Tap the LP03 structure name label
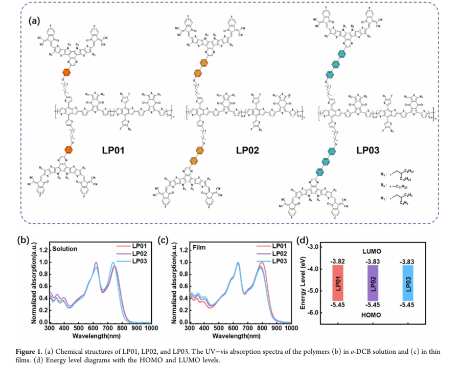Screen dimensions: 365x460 [x=371, y=151]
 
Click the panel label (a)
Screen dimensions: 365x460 [x=35, y=21]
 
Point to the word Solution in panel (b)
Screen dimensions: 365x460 [x=64, y=249]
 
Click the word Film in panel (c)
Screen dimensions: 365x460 [x=199, y=249]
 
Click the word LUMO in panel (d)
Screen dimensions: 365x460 [x=375, y=252]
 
